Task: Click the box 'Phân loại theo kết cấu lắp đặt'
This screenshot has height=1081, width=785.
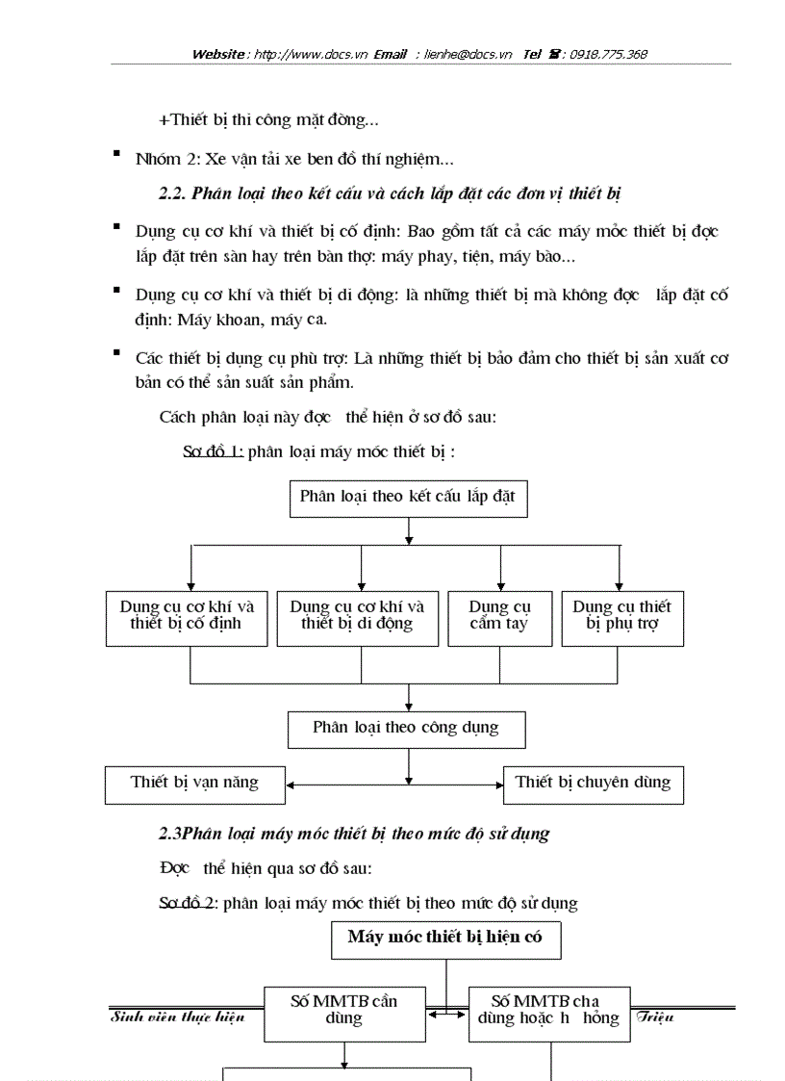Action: point(408,497)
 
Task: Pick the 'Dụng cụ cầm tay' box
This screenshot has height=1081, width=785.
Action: point(499,616)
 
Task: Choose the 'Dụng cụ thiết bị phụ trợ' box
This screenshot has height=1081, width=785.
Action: point(621,616)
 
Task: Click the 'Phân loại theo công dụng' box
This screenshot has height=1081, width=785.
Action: point(406,729)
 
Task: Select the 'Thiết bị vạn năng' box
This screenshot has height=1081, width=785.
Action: point(194,784)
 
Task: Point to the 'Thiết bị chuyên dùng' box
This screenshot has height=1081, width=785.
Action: point(593,784)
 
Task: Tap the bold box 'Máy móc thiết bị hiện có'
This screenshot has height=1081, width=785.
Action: point(445,939)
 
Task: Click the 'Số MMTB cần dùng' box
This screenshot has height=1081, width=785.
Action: point(344,1012)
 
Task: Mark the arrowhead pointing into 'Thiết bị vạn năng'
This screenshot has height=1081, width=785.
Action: point(291,785)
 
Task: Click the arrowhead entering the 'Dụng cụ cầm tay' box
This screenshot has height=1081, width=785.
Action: point(500,585)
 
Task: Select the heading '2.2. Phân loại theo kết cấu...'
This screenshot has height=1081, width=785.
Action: point(390,193)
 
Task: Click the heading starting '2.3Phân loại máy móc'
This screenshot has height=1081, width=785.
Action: point(354,834)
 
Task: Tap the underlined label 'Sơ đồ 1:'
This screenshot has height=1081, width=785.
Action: point(213,451)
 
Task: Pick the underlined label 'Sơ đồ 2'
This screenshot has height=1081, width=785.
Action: point(188,904)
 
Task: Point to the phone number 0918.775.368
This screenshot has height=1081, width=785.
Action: point(608,55)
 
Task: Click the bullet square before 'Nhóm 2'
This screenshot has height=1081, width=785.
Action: point(116,154)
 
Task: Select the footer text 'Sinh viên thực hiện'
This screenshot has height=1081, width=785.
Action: point(178,1018)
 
